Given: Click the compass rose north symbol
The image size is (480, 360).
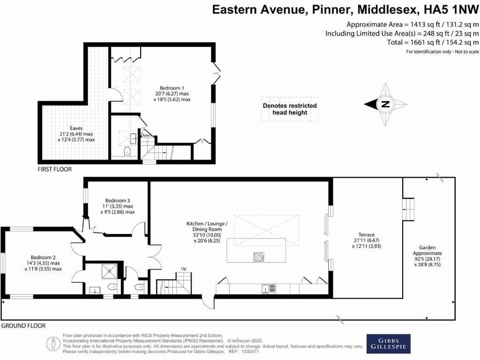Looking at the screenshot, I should [385, 104].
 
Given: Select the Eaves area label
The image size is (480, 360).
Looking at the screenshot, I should [76, 134].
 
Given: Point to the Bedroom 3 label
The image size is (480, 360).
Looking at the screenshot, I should [118, 206].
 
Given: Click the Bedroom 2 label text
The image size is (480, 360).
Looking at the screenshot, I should [44, 263].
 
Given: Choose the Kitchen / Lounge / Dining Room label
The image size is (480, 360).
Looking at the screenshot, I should [207, 229].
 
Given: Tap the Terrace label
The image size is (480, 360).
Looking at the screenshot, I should [365, 240].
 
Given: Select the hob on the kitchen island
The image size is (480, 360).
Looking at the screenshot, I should [259, 256].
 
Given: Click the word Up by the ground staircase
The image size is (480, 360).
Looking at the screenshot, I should [184, 269].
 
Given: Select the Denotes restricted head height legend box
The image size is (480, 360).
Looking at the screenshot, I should [289, 109].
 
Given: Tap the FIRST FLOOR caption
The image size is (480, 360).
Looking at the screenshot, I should [55, 169].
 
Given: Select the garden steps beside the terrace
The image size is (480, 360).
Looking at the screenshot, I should [409, 209].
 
